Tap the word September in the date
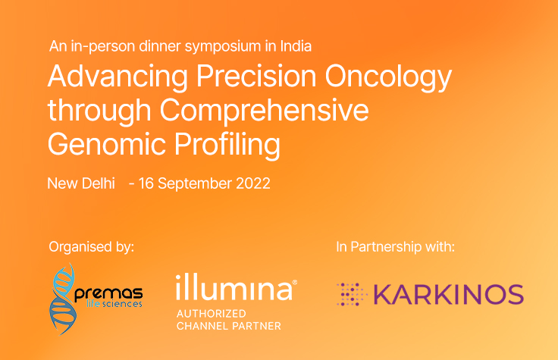coord(194,183)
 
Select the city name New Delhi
coord(80,183)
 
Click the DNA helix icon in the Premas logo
coord(64,297)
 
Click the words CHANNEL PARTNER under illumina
coord(227,326)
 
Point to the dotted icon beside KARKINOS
coord(352,294)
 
